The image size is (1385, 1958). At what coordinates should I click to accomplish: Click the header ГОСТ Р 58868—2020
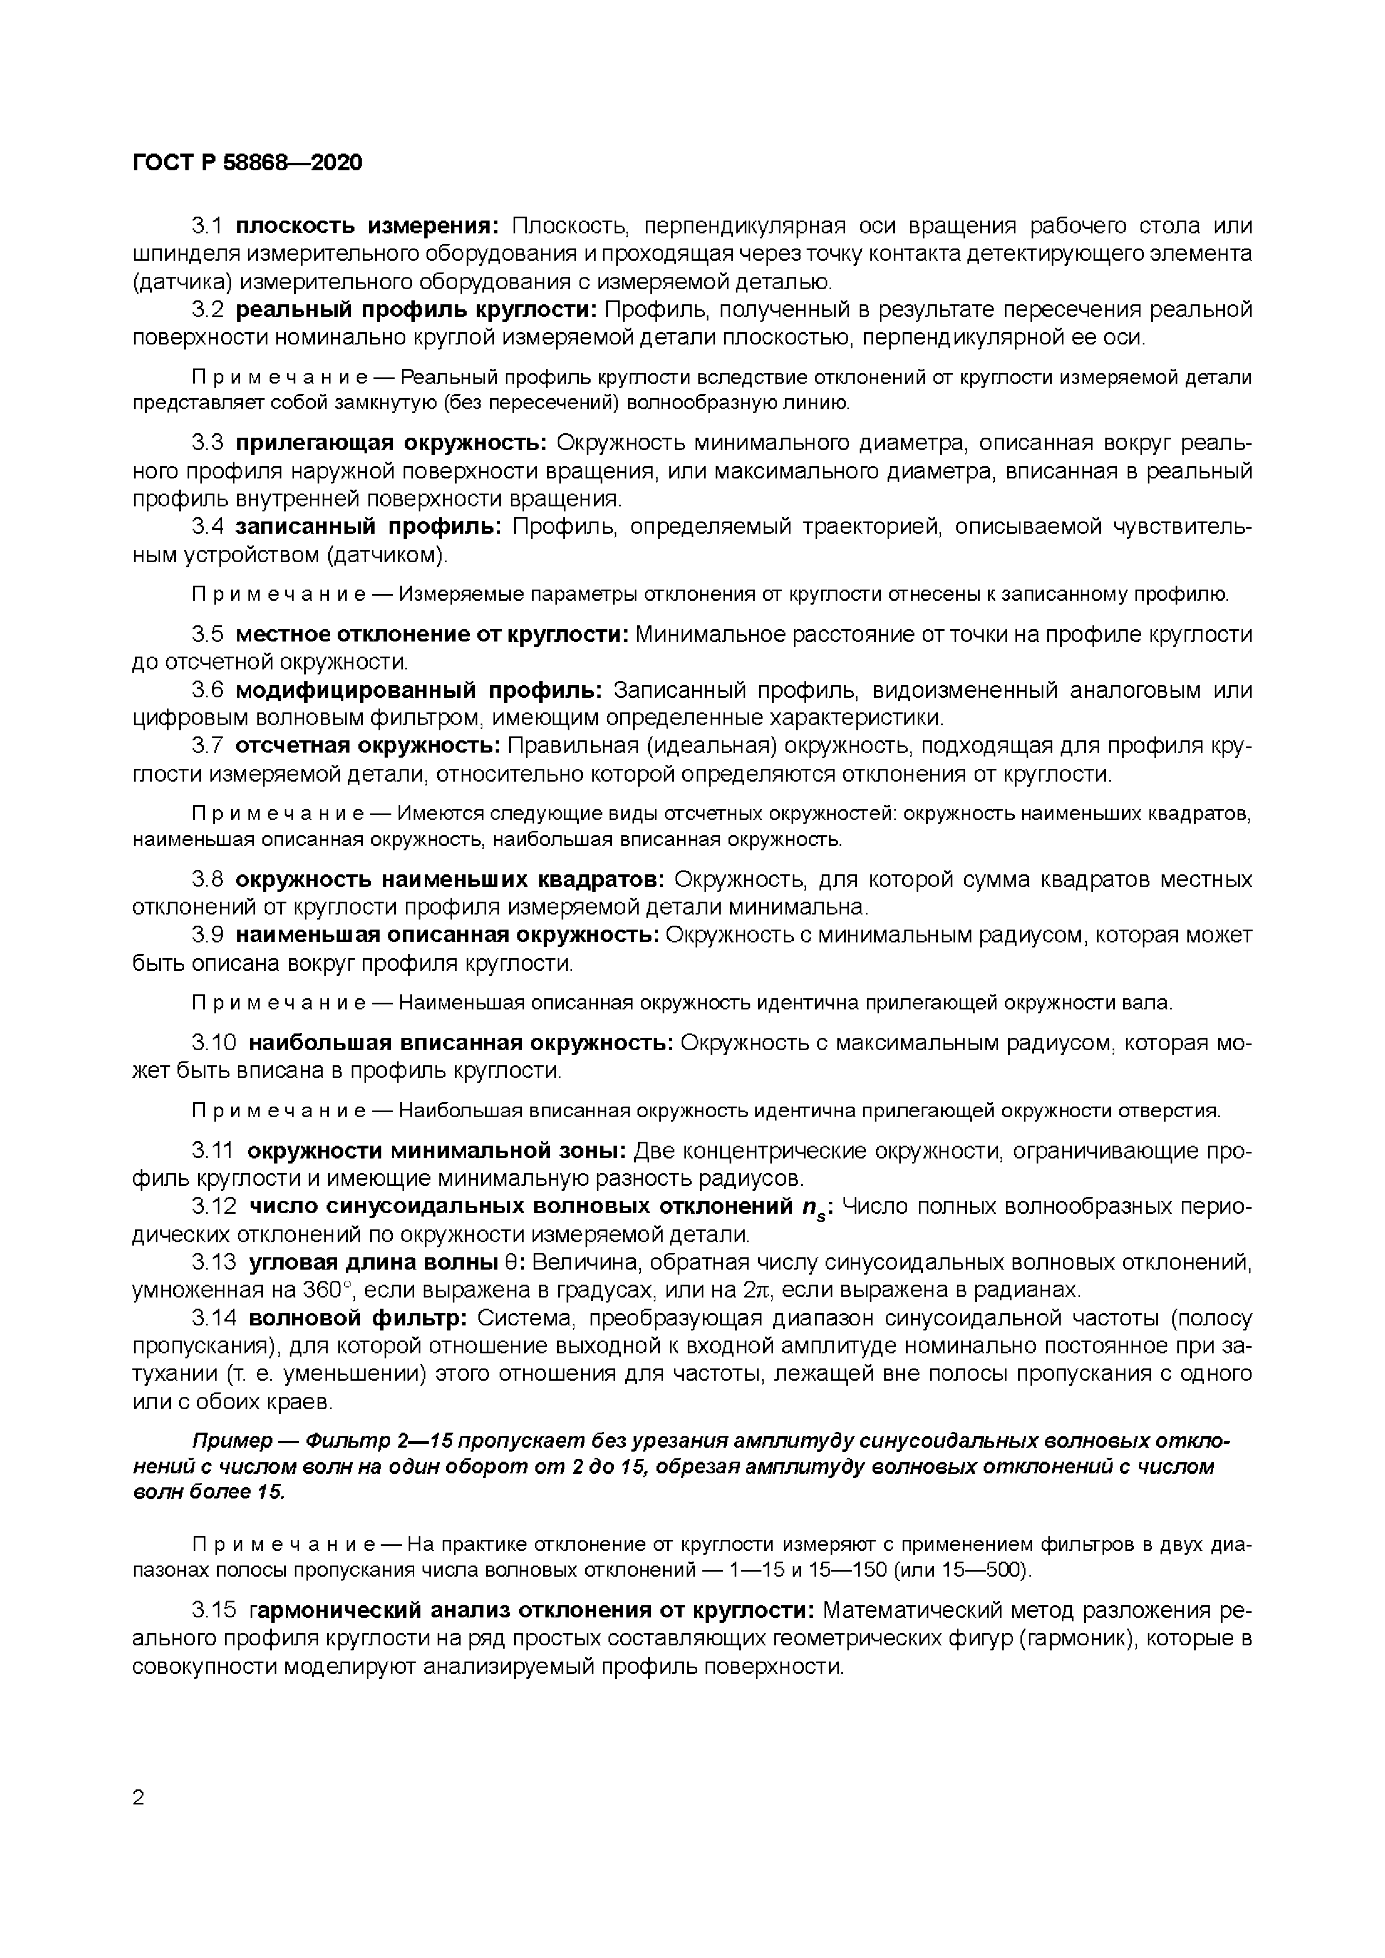pos(247,162)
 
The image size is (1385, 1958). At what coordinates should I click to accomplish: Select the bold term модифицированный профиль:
pos(419,690)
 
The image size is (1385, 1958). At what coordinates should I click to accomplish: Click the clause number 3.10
pos(213,1043)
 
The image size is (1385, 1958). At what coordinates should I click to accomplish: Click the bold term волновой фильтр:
pos(357,1318)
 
